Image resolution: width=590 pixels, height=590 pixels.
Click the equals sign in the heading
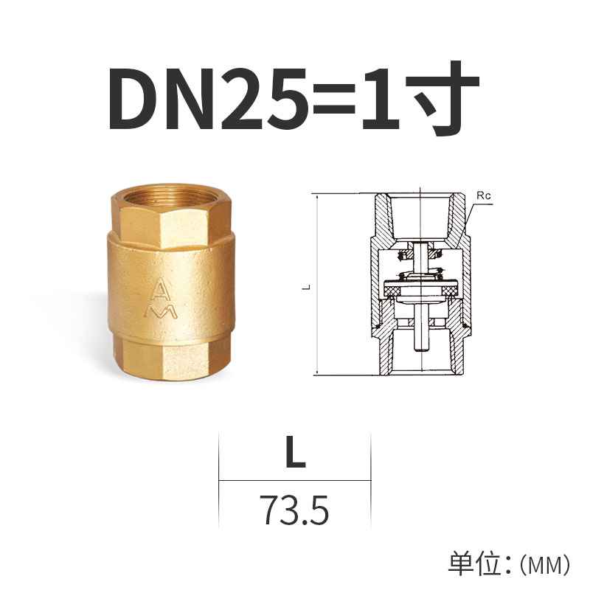point(333,103)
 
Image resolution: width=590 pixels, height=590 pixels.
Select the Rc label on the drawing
point(484,196)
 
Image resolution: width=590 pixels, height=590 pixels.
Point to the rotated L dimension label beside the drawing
point(303,286)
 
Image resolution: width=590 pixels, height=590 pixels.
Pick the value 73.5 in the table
point(294,509)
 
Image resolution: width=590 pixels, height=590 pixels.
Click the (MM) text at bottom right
point(545,565)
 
